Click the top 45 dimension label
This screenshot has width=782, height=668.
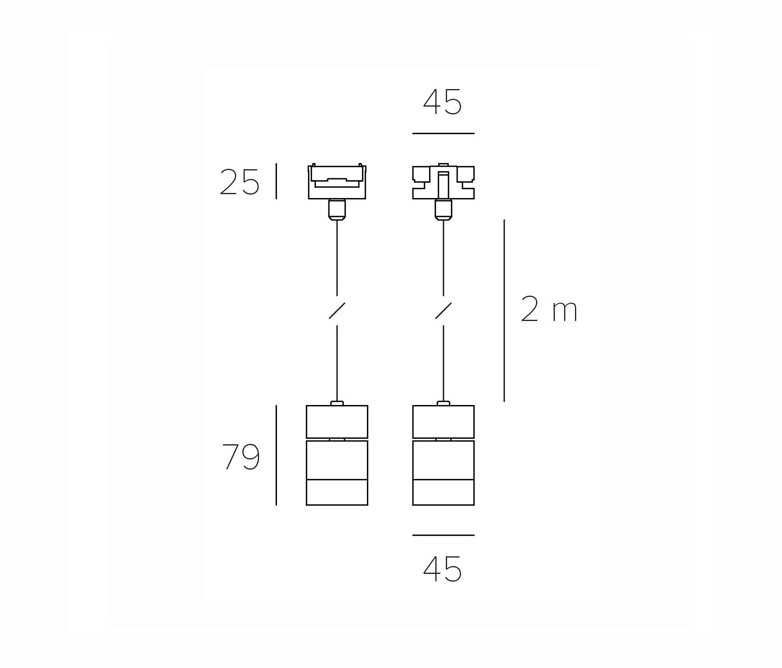pos(442,102)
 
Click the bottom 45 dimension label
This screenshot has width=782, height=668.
pos(442,569)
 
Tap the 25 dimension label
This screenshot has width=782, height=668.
pos(239,182)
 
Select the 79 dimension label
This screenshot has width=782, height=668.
pos(241,457)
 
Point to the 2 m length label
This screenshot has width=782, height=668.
pos(549,310)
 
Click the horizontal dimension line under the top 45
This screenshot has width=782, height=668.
pos(443,133)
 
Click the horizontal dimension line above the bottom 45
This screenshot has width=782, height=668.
pos(443,535)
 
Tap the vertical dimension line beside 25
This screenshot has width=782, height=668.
pos(276,181)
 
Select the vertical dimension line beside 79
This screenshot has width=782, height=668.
pos(276,455)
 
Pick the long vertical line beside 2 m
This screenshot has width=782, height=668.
pos(504,310)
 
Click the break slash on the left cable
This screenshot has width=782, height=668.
pos(337,310)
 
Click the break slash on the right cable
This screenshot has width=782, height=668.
pos(444,310)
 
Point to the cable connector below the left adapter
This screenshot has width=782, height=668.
pos(337,209)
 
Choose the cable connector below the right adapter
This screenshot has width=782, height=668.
pos(444,209)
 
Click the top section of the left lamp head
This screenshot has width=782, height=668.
pos(337,422)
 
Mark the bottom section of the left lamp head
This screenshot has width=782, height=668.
pos(337,492)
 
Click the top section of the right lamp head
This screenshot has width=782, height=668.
pos(444,422)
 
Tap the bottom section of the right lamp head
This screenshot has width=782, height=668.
pos(444,492)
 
